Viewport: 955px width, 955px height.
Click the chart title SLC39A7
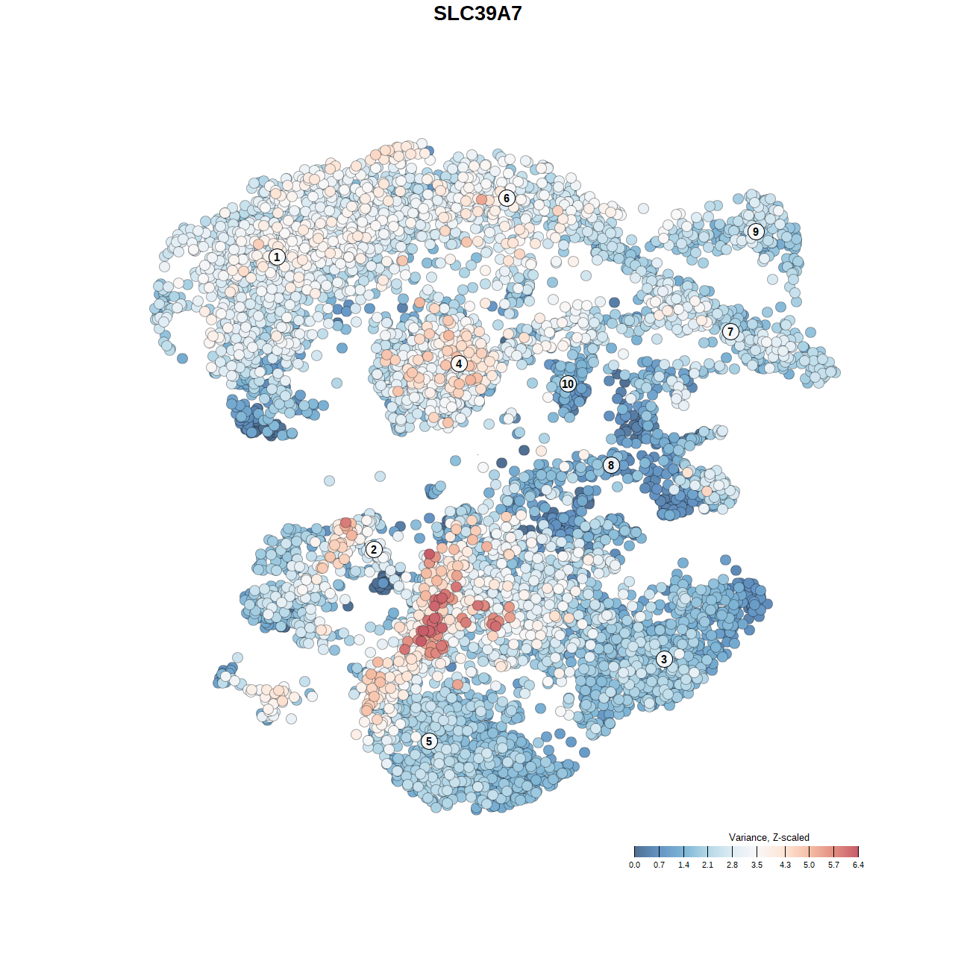477,13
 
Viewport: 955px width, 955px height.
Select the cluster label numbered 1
277,257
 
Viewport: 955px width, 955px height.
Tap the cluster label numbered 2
374,550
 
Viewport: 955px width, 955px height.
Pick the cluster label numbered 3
664,659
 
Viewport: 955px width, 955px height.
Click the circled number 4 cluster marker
459,363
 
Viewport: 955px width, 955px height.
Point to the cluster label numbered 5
428,741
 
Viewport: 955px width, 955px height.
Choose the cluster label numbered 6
507,198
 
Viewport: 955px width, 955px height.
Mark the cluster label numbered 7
730,332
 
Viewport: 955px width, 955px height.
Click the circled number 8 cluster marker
611,465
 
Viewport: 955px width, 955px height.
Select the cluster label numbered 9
756,231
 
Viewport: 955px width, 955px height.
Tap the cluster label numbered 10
568,383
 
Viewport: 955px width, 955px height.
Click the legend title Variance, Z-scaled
768,837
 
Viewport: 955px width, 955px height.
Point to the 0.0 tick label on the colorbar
634,865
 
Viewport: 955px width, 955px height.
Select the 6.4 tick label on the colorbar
858,865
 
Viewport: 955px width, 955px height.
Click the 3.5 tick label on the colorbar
757,865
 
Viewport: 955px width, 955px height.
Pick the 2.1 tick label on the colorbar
707,865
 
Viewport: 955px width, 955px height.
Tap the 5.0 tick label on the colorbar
809,865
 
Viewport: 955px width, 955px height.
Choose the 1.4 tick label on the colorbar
683,865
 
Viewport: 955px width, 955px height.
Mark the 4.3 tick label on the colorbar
785,865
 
